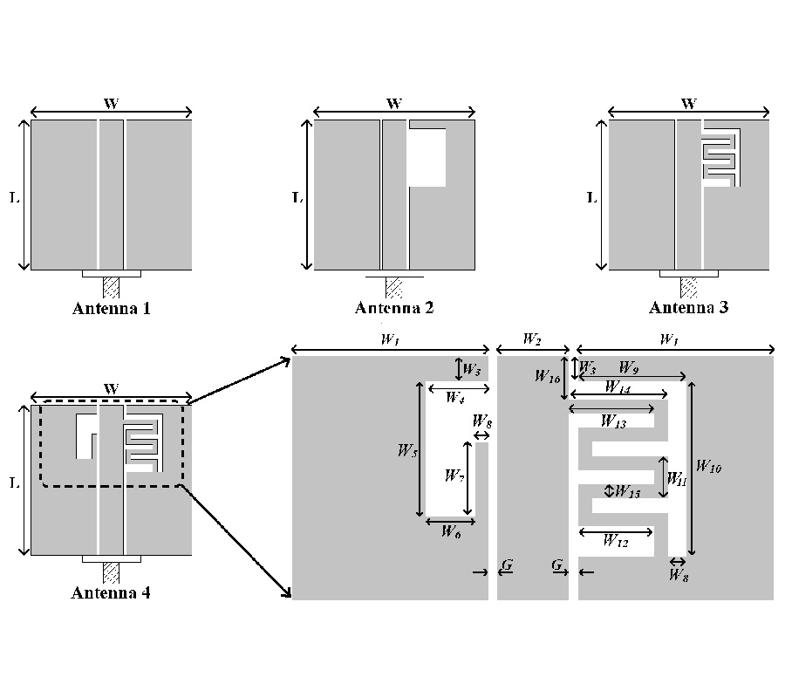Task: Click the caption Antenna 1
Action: click(x=112, y=307)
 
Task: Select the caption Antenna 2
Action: click(x=394, y=307)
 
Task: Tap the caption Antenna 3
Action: click(x=689, y=307)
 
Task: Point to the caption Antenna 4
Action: click(x=111, y=593)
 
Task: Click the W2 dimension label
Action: click(x=532, y=339)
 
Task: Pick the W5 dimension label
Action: click(x=407, y=451)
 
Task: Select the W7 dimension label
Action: click(x=454, y=476)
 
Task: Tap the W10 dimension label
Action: click(x=710, y=468)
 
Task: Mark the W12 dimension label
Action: click(x=616, y=541)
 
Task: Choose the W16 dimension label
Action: click(x=548, y=377)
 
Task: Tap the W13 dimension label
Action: click(x=614, y=421)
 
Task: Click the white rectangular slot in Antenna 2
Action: click(x=427, y=157)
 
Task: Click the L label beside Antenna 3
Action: click(x=591, y=197)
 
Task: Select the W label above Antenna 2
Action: click(x=394, y=104)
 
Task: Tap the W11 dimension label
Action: click(x=677, y=479)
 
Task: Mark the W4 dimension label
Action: click(x=454, y=398)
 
